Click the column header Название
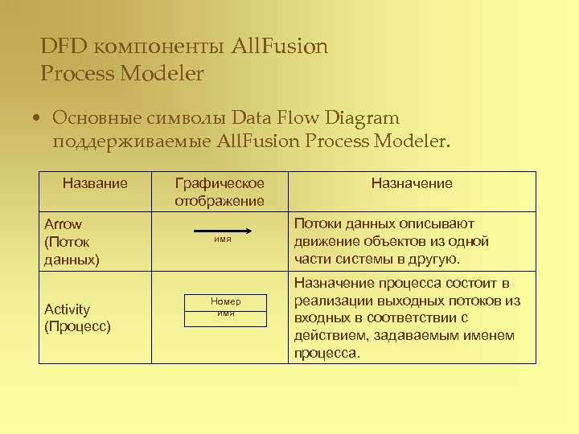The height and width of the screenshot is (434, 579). (95, 182)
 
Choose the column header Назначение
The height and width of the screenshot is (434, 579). (412, 182)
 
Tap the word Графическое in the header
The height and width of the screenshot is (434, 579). (220, 182)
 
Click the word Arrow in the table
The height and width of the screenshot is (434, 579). (63, 224)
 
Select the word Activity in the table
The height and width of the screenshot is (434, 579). (67, 309)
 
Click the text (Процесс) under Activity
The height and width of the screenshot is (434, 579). (77, 326)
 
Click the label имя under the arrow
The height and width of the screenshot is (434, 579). (223, 240)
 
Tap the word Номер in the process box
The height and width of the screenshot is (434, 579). (226, 301)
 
